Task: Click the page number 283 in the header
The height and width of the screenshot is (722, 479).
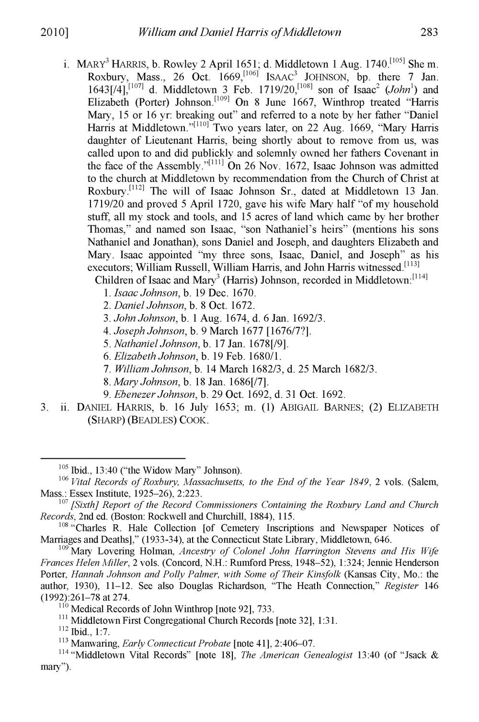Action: (x=430, y=33)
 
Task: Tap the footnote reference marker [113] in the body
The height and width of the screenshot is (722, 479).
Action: (x=411, y=264)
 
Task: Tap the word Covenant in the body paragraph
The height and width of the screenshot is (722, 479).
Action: (x=403, y=154)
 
